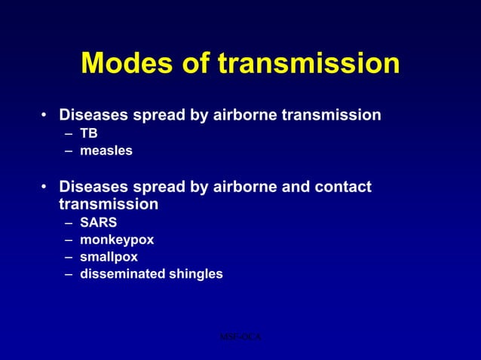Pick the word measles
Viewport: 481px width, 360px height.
coord(106,151)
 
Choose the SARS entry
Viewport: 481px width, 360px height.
coord(99,223)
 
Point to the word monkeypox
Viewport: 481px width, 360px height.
coord(117,240)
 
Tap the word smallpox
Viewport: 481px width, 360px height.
coord(109,257)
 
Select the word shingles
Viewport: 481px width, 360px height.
coord(196,274)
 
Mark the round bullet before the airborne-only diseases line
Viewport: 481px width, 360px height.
coord(45,116)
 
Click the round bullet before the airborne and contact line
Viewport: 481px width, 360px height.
coord(45,187)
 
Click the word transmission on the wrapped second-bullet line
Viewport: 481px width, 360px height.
coord(109,204)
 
